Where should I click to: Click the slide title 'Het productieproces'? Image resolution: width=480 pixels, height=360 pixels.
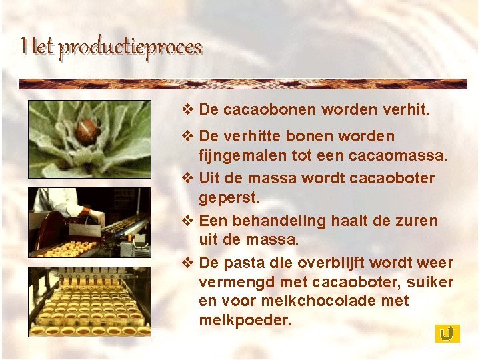[x=111, y=47]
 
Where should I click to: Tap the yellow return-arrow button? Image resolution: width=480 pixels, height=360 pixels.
[x=447, y=333]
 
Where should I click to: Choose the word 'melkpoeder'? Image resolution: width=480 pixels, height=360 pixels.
[x=244, y=320]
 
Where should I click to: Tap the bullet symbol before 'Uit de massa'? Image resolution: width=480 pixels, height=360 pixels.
[x=187, y=178]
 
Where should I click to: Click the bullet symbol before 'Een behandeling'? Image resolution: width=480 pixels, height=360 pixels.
[x=187, y=221]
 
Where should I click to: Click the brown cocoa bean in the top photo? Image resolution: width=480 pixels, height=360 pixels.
[x=86, y=130]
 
